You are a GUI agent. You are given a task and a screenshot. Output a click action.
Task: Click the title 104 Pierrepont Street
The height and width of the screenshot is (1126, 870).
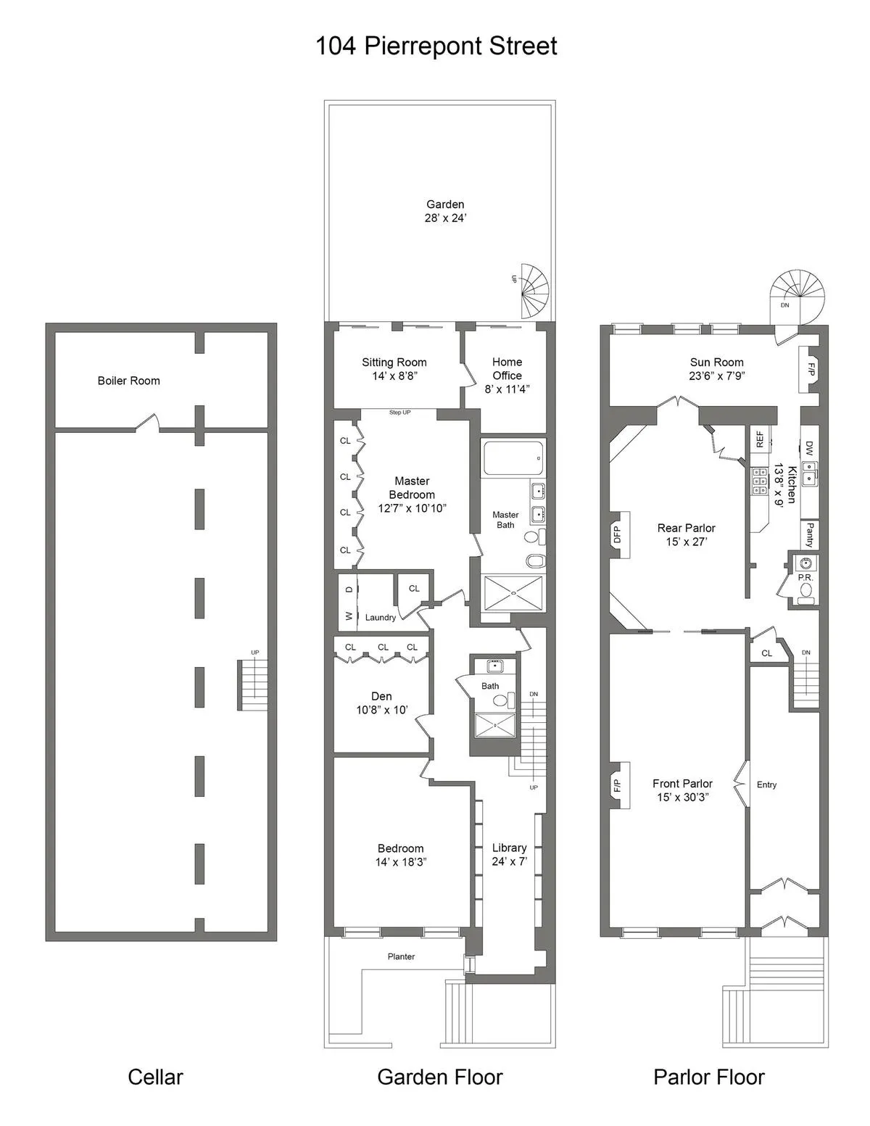pos(436,46)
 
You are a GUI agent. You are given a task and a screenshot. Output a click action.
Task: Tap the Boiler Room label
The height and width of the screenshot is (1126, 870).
pos(128,381)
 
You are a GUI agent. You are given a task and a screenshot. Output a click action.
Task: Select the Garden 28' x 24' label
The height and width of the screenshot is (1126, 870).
pos(444,211)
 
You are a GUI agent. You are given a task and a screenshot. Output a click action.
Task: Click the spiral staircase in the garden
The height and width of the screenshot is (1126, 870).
pos(534,290)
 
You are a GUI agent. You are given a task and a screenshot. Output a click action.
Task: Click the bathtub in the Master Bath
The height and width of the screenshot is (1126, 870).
pos(513,458)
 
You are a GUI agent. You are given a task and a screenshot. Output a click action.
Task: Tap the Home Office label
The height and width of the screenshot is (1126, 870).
pos(507,368)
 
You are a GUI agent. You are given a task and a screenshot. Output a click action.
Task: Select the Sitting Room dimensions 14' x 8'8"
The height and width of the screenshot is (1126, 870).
pos(394,376)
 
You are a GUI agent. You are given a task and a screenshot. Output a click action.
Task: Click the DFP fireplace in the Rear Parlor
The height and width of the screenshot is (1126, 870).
pos(618,535)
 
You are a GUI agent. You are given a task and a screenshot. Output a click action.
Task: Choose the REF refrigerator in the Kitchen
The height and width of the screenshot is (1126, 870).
pos(759,439)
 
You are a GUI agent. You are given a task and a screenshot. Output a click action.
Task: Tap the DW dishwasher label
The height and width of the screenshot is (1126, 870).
pos(809,449)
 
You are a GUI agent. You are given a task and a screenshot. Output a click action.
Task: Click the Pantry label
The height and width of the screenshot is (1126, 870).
pos(809,535)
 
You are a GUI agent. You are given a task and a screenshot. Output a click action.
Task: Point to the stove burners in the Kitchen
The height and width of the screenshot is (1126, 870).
pos(760,481)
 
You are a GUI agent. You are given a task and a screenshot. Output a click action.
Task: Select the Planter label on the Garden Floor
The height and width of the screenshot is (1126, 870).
pos(401,956)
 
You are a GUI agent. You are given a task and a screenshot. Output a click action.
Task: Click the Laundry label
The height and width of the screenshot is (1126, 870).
pos(380,618)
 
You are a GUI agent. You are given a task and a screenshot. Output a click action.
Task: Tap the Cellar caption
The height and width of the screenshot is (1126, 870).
pos(155,1077)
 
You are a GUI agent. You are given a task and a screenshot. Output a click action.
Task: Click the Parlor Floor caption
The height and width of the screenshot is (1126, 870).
pos(708,1077)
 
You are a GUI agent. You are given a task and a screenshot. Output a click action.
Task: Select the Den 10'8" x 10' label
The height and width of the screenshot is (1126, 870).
pos(381,703)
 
